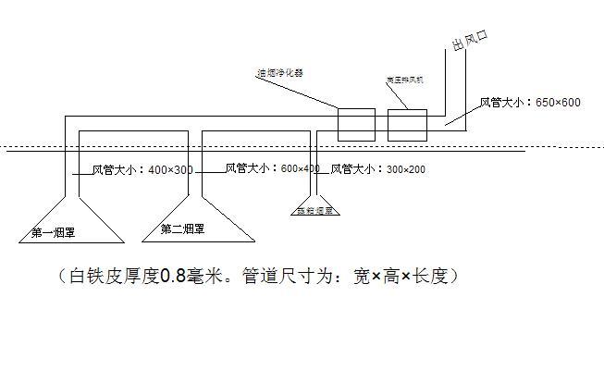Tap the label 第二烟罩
tap(182, 229)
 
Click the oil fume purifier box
tap(355, 125)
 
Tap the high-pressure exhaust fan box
tap(406, 125)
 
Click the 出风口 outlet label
tap(469, 43)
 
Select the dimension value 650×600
tap(558, 102)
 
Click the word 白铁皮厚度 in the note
tap(115, 276)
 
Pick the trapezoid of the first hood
tap(67, 219)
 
